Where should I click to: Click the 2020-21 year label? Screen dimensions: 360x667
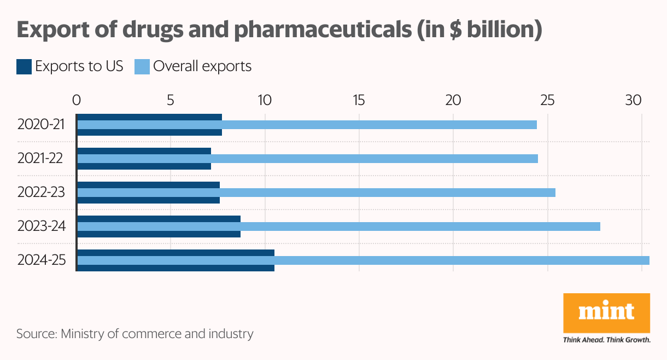[x=41, y=125]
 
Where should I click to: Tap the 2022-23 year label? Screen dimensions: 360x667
[x=41, y=193]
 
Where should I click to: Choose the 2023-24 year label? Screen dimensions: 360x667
[x=42, y=227]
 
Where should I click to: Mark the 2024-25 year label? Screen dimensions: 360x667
[x=42, y=260]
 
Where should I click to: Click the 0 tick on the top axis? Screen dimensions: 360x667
[x=77, y=101]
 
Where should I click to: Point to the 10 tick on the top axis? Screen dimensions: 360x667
[x=265, y=101]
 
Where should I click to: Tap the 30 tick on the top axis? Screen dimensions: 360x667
[x=634, y=101]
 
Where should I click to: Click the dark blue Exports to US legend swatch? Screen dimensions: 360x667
[x=24, y=67]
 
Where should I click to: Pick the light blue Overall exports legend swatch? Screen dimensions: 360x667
[x=142, y=67]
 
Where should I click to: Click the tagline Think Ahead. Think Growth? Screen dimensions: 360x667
[x=606, y=340]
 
